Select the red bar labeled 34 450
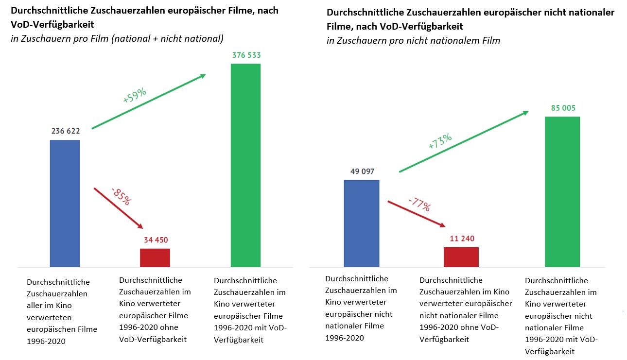155,257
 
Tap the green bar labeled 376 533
245,165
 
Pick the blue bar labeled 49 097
362,223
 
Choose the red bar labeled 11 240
461,257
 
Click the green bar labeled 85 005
562,191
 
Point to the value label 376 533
245,55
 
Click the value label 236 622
65,131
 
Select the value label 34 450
156,240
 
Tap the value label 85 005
563,108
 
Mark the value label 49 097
362,171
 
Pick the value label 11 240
461,239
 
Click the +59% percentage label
135,95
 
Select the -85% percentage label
121,196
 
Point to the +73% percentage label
440,141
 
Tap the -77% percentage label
419,204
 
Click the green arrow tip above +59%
204,75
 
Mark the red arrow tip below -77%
443,226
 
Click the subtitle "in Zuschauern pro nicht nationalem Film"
413,41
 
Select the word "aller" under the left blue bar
36,305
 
